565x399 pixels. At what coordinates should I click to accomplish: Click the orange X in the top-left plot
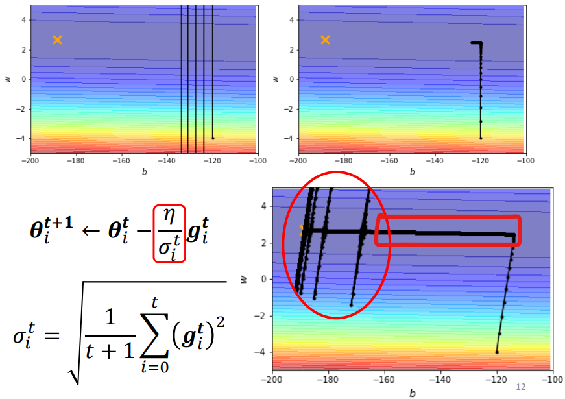(57, 40)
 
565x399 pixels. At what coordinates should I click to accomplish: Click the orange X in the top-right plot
(325, 40)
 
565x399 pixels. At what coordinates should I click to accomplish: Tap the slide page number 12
(520, 387)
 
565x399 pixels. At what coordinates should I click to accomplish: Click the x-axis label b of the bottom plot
(412, 393)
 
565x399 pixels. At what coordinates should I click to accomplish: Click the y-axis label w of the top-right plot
(276, 79)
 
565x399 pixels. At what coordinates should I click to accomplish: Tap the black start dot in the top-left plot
(213, 138)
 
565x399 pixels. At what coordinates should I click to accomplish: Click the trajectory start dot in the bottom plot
(497, 352)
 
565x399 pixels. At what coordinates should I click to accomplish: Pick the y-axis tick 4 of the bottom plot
(263, 206)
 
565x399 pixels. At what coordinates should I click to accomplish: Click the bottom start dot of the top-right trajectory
(481, 138)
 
